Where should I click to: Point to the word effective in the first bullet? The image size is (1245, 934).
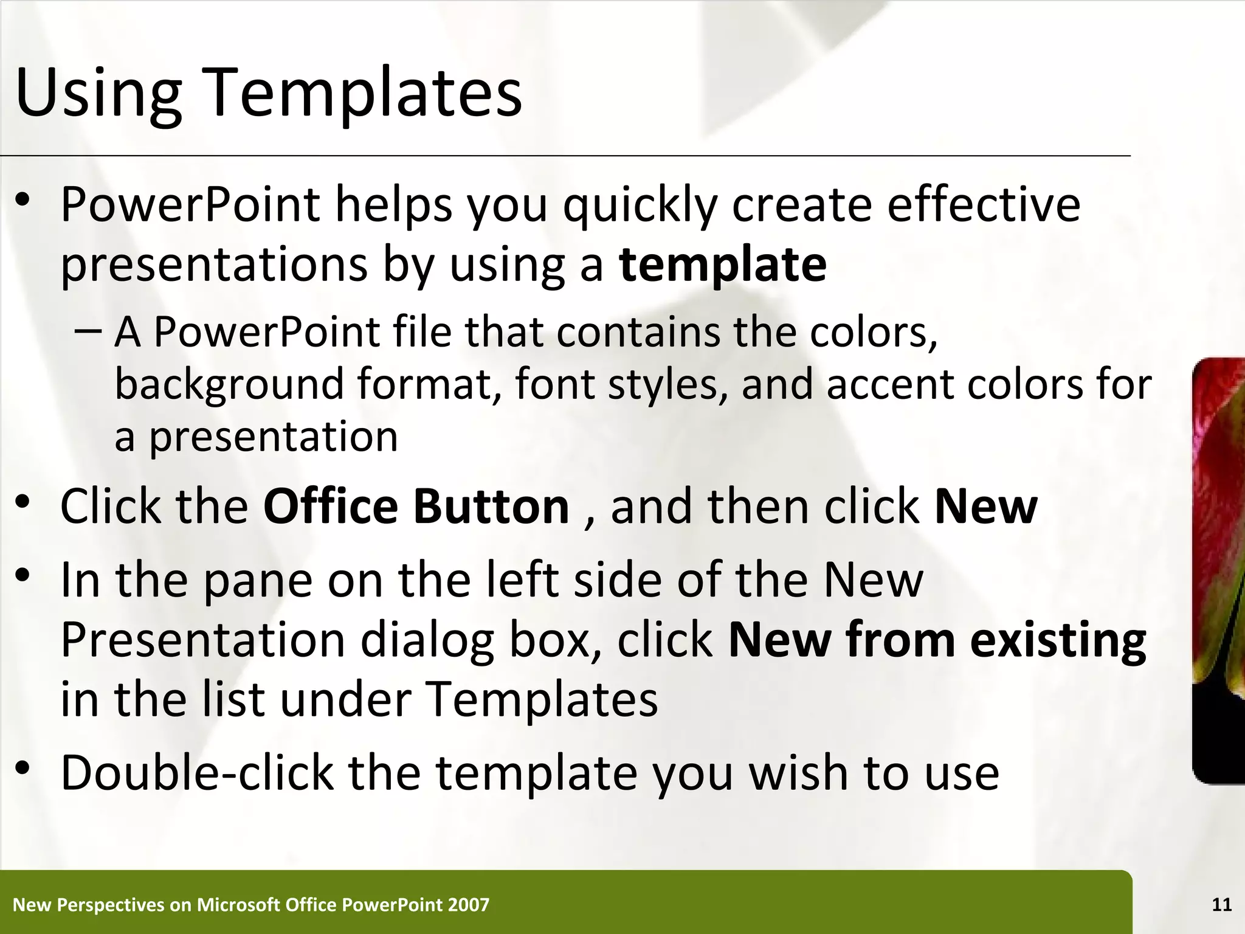pyautogui.click(x=983, y=204)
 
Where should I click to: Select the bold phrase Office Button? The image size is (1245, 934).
pyautogui.click(x=416, y=507)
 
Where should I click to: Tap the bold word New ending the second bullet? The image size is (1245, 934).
pyautogui.click(x=985, y=507)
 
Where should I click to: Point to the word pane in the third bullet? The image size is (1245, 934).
pyautogui.click(x=258, y=581)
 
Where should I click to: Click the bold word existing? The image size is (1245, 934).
pyautogui.click(x=1057, y=640)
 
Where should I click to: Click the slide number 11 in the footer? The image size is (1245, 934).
pyautogui.click(x=1221, y=905)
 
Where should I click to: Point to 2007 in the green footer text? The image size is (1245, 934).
pyautogui.click(x=467, y=905)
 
